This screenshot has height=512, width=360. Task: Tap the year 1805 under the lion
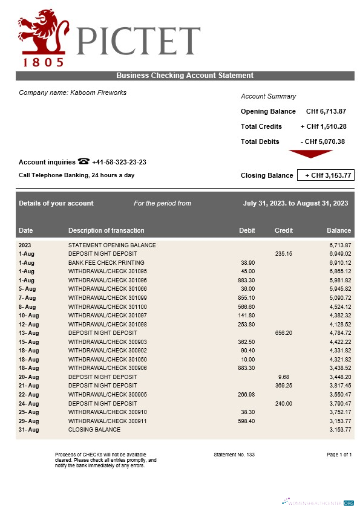43,62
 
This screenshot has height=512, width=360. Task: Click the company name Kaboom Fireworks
73,92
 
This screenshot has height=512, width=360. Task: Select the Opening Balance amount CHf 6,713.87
326,111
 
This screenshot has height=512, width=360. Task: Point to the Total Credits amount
323,126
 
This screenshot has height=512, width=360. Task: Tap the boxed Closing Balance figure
325,175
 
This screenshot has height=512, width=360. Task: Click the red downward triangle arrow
311,154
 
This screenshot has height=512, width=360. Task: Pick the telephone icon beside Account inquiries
83,161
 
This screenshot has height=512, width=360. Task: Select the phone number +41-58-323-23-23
119,162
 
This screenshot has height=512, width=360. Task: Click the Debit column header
247,230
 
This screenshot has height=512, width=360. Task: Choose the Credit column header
284,230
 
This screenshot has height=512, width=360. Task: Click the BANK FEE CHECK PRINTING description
106,263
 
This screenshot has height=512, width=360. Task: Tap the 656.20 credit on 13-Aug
284,332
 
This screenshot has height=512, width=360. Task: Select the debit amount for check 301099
247,298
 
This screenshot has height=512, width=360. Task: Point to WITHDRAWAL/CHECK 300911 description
107,421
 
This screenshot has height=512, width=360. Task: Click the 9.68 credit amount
284,377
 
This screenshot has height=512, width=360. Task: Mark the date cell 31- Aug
28,430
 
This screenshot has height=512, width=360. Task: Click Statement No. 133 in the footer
234,454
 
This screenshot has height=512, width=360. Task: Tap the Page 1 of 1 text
339,454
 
